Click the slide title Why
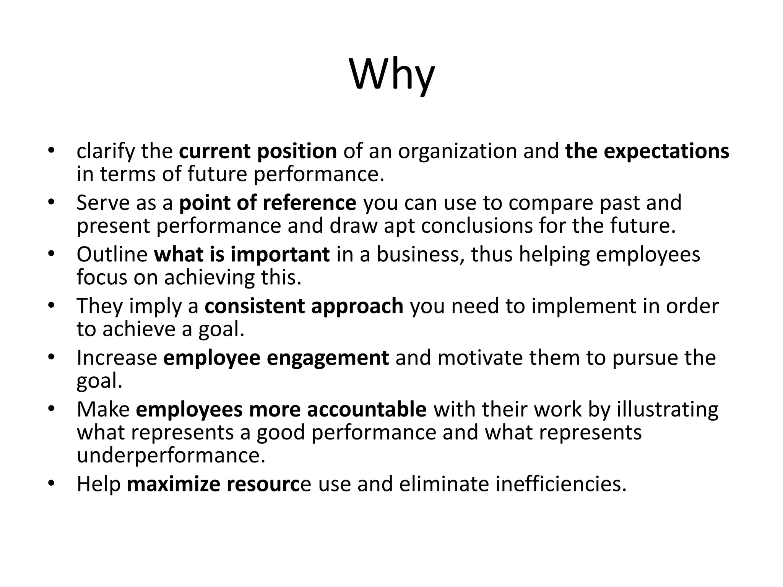(392, 75)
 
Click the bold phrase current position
(258, 151)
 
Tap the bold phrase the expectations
(647, 151)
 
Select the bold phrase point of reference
(268, 203)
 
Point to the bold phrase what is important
(242, 254)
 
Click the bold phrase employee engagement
(276, 358)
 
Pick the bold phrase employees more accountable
(281, 409)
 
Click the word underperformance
(171, 456)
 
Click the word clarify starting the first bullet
(106, 151)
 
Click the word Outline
(112, 254)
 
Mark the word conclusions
(477, 225)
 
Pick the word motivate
(480, 358)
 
